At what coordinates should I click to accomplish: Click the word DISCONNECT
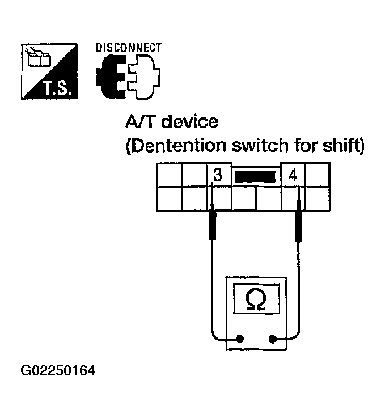click(x=128, y=48)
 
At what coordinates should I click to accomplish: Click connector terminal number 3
click(x=218, y=175)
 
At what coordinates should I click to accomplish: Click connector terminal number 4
click(x=293, y=175)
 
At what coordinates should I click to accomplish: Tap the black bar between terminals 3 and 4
click(x=255, y=176)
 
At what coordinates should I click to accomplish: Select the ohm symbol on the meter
click(x=256, y=299)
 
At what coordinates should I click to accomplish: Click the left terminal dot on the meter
click(x=239, y=340)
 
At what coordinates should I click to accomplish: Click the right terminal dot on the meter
click(x=272, y=340)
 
